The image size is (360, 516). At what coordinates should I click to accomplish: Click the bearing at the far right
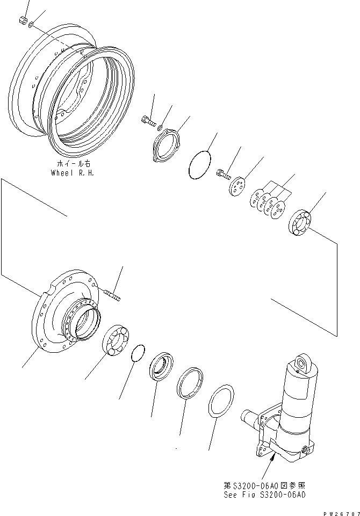pyautogui.click(x=303, y=222)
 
